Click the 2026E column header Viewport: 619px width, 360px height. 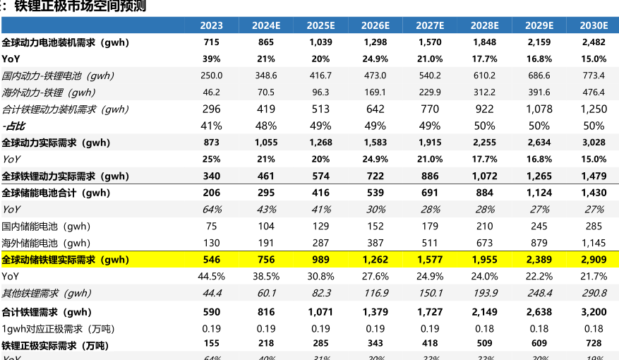pyautogui.click(x=375, y=25)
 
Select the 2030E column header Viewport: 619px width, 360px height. pyautogui.click(x=594, y=25)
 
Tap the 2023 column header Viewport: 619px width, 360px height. pyautogui.click(x=211, y=25)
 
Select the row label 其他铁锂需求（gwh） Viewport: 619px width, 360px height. pyautogui.click(x=47, y=293)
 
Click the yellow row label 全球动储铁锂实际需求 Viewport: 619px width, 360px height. pyautogui.click(x=66, y=260)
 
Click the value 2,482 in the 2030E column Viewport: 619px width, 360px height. pyautogui.click(x=594, y=42)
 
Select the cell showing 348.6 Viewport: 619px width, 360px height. pyautogui.click(x=266, y=76)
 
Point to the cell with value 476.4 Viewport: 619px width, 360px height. pyautogui.click(x=594, y=92)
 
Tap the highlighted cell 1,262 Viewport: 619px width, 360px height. pyautogui.click(x=375, y=260)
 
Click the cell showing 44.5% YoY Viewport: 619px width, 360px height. pyautogui.click(x=211, y=276)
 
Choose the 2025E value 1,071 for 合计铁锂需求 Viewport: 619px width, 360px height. pyautogui.click(x=320, y=311)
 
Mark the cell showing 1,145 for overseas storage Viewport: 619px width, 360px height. pyautogui.click(x=594, y=243)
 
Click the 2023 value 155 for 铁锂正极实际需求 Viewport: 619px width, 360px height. pyautogui.click(x=211, y=344)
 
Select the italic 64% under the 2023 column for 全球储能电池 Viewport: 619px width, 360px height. pyautogui.click(x=211, y=210)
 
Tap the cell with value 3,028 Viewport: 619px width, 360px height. pyautogui.click(x=594, y=143)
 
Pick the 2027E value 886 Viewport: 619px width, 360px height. pyautogui.click(x=429, y=176)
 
